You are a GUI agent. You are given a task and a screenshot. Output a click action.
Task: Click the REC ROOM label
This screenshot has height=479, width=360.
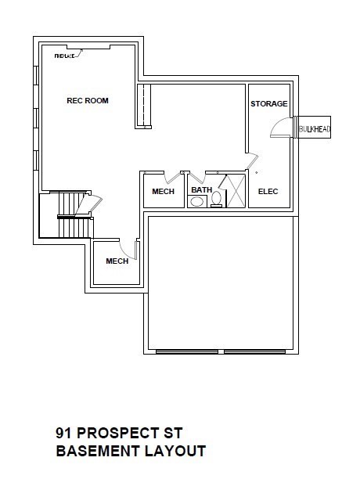coord(88,100)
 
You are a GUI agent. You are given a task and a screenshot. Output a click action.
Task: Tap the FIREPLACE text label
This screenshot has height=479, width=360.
coord(64,56)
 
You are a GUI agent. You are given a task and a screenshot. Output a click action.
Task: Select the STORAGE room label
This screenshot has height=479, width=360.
coord(268,104)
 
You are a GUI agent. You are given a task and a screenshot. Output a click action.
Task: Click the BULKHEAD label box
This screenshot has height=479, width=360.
coord(314,128)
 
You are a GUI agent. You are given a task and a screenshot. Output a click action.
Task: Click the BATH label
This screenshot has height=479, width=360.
coord(202,189)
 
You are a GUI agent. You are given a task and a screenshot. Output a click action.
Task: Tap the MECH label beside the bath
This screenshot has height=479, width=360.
coord(163,192)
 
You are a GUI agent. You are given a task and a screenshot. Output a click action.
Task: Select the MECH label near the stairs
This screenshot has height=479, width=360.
coord(117,261)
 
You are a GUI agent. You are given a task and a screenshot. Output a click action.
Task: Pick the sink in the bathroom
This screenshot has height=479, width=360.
coord(197,202)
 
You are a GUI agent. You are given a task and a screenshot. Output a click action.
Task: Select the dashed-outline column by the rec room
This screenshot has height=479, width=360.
coord(144,106)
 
